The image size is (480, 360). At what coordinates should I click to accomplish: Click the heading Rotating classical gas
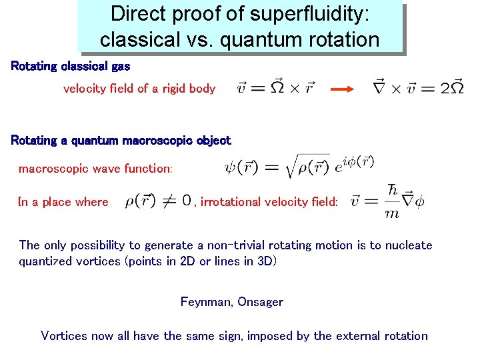(x=70, y=66)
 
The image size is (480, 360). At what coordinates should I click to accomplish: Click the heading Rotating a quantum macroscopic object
(x=121, y=140)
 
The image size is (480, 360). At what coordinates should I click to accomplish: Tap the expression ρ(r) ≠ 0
(x=158, y=201)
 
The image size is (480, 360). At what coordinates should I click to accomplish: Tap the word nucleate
(x=408, y=245)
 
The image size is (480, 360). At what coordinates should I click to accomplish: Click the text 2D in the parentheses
(x=187, y=261)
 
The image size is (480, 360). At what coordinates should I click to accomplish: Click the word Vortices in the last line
(x=65, y=335)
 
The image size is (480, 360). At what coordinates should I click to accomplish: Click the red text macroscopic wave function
(x=95, y=169)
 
